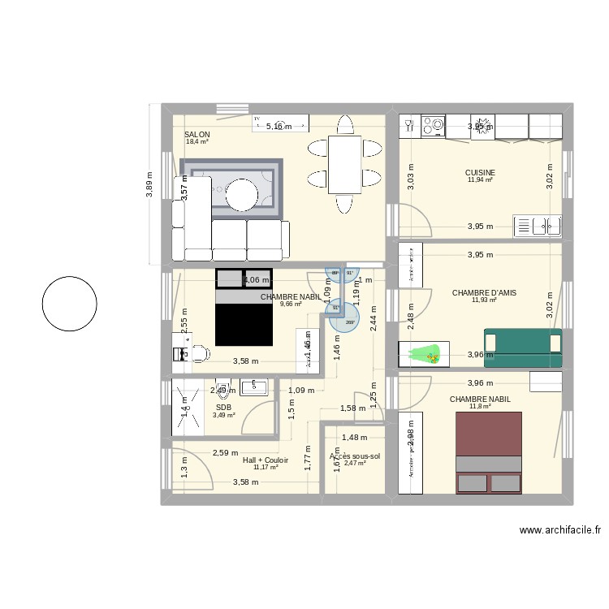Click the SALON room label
(197, 135)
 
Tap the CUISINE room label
(480, 172)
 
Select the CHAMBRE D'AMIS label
(484, 293)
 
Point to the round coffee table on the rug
(241, 195)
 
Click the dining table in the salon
(344, 162)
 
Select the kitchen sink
(538, 225)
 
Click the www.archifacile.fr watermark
(560, 529)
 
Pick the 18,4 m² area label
(197, 142)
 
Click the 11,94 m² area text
(481, 179)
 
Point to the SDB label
(223, 408)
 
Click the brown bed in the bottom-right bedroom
(489, 453)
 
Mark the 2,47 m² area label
(356, 464)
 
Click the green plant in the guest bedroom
(426, 354)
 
